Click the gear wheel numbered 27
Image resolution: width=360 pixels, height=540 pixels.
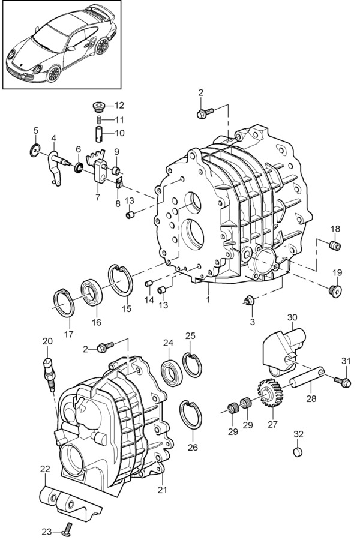click(270, 392)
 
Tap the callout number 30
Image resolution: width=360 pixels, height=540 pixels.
click(292, 317)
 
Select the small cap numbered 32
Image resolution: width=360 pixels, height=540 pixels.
click(298, 452)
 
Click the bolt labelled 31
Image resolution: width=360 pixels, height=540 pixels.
click(343, 381)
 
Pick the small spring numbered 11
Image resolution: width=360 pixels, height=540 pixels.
click(98, 120)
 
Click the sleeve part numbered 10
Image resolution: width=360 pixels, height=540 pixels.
click(99, 134)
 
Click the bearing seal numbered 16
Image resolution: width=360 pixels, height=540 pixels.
click(92, 292)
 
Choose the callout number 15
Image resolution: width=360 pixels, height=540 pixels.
click(127, 308)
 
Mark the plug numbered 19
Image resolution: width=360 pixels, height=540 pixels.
click(335, 291)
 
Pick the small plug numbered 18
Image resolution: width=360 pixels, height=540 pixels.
click(335, 246)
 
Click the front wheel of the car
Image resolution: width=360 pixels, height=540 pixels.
click(53, 73)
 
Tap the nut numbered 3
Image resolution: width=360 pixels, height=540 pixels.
click(250, 301)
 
